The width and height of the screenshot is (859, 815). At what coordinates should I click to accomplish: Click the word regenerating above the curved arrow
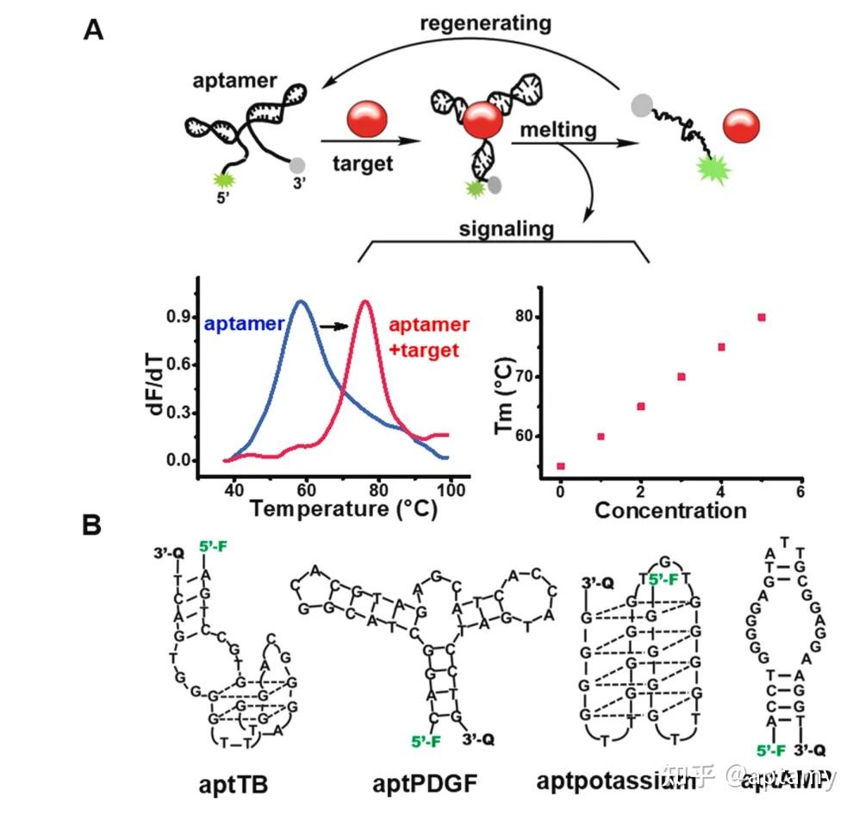pos(485,23)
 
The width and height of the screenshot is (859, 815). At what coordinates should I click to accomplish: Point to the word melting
pos(557,131)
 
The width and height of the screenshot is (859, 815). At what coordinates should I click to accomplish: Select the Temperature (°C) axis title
pos(344,509)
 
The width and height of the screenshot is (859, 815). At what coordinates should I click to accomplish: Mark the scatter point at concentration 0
pos(561,466)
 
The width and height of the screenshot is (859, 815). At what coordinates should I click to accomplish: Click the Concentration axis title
pos(669,510)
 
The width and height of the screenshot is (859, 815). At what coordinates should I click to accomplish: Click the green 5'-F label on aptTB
pos(213,546)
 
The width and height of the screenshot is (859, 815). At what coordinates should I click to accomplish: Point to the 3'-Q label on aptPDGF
pos(478,738)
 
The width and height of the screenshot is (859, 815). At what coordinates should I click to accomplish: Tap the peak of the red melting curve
pos(365,302)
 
